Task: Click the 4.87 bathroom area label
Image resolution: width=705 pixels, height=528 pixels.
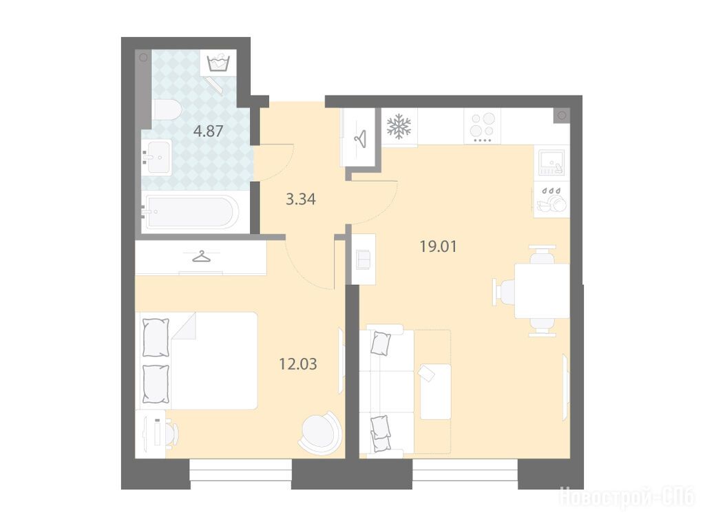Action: click(208, 131)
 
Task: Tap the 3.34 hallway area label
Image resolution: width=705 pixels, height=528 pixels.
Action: click(301, 199)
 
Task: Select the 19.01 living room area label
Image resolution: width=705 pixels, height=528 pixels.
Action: click(438, 246)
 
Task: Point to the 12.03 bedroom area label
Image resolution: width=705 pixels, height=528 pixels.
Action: click(298, 363)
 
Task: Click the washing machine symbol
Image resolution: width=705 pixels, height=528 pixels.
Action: click(218, 62)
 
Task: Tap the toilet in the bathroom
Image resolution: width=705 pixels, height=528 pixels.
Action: click(167, 109)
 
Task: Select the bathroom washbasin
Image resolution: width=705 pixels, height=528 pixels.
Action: click(156, 156)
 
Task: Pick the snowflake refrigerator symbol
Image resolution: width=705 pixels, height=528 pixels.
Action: click(399, 126)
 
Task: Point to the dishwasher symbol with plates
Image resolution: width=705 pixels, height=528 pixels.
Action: click(551, 200)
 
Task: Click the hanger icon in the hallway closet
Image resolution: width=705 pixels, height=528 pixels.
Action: click(360, 138)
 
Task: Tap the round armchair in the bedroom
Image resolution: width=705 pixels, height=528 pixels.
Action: click(318, 430)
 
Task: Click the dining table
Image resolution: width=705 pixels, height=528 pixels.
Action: click(542, 291)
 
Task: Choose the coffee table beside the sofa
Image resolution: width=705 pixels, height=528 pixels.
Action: click(436, 391)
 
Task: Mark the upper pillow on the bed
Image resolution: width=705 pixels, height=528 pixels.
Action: click(156, 338)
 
